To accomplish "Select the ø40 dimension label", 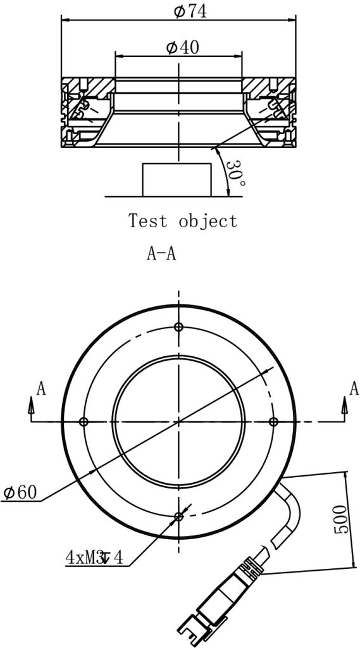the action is tap(182, 47).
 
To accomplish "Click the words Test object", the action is tap(183, 220).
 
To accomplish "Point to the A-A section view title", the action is tap(161, 254).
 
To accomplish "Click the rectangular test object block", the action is tap(177, 180).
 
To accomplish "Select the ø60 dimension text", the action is tap(20, 492).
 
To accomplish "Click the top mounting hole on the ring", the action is tap(178, 327).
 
